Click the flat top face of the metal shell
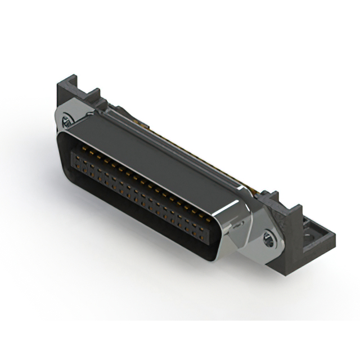tap(152, 152)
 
